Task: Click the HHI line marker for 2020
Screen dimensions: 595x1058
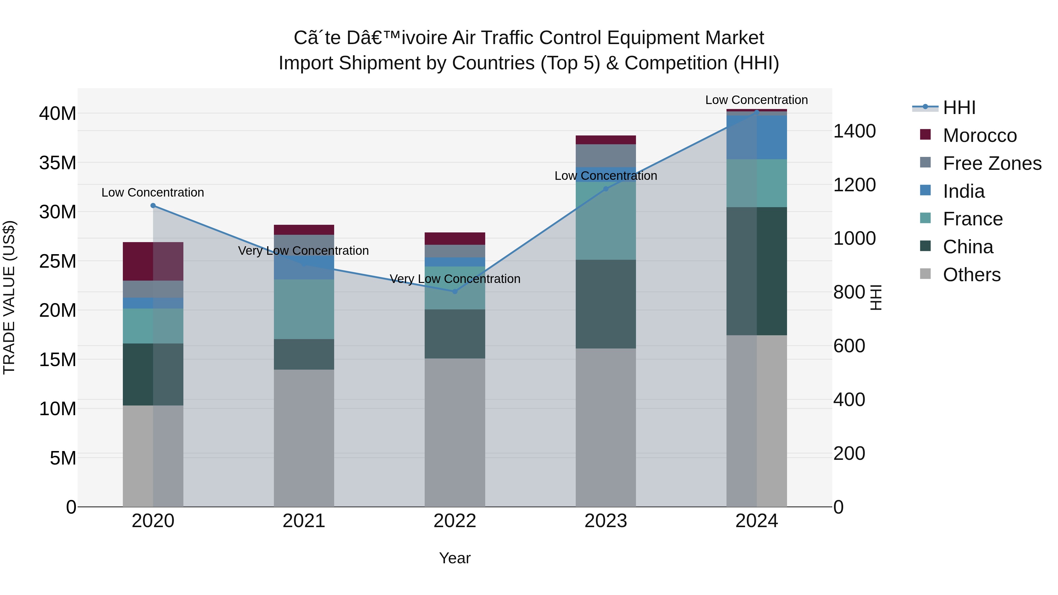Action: (153, 205)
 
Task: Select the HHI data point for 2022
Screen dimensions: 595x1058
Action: (455, 291)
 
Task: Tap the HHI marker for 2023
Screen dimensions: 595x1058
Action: (605, 188)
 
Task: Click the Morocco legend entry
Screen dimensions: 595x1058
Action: (980, 135)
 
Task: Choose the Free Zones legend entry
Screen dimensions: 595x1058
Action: (992, 163)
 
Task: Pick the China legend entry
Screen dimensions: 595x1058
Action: (968, 247)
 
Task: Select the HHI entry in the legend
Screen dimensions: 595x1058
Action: (959, 108)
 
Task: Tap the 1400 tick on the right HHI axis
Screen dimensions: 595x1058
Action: (854, 131)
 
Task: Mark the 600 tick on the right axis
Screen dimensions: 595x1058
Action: (849, 346)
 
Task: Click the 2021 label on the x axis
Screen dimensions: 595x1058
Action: (304, 521)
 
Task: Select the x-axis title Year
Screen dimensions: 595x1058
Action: (455, 558)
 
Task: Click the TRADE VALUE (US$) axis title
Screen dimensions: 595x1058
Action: (9, 297)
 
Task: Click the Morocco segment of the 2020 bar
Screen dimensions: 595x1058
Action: (153, 261)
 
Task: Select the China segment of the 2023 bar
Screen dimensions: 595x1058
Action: (605, 304)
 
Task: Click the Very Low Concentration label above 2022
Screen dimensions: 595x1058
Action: (455, 279)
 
